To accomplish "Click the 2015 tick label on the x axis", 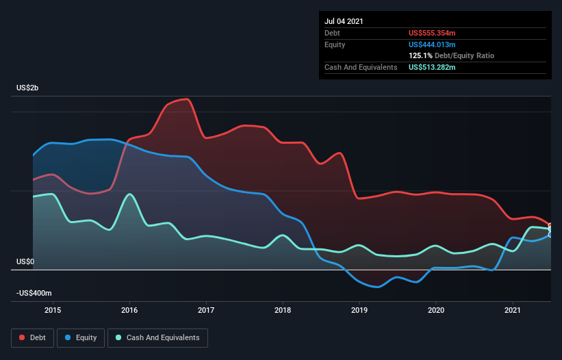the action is pyautogui.click(x=53, y=310).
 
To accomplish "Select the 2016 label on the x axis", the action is pyautogui.click(x=129, y=310).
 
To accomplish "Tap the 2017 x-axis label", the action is pyautogui.click(x=206, y=310).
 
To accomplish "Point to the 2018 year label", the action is pyautogui.click(x=283, y=310).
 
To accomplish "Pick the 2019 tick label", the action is pyautogui.click(x=359, y=310).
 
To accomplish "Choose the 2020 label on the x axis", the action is pyautogui.click(x=436, y=310).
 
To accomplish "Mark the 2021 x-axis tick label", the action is pyautogui.click(x=513, y=310).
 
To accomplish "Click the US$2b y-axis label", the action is pyautogui.click(x=27, y=88).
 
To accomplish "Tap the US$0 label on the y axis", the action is pyautogui.click(x=25, y=262).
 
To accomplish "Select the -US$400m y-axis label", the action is pyautogui.click(x=34, y=294).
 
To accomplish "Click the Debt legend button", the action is pyautogui.click(x=33, y=338).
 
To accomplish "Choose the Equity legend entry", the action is pyautogui.click(x=81, y=338).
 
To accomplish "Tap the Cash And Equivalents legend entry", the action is pyautogui.click(x=157, y=338).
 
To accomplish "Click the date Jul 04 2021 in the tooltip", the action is pyautogui.click(x=344, y=21).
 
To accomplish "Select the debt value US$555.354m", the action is pyautogui.click(x=432, y=33).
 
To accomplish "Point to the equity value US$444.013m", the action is pyautogui.click(x=432, y=44).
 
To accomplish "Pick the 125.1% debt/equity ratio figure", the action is pyautogui.click(x=420, y=56).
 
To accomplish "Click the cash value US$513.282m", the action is pyautogui.click(x=432, y=67).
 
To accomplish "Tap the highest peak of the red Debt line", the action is pyautogui.click(x=187, y=99).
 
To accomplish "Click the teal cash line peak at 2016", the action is pyautogui.click(x=129, y=194).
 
